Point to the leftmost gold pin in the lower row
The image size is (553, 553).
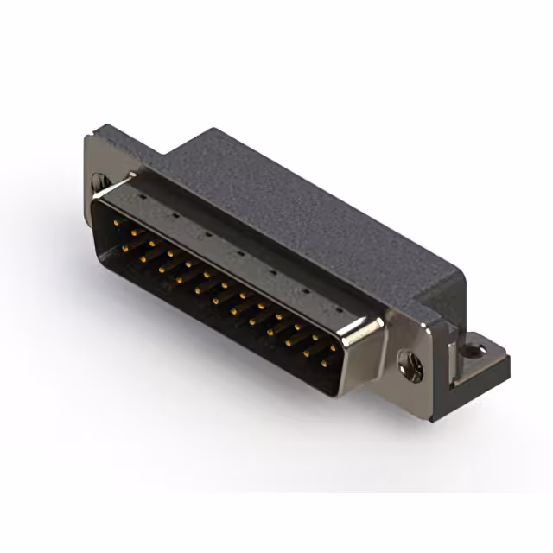tap(126, 248)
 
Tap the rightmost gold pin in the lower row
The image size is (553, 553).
tap(325, 364)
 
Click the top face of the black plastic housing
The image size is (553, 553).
tap(302, 207)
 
